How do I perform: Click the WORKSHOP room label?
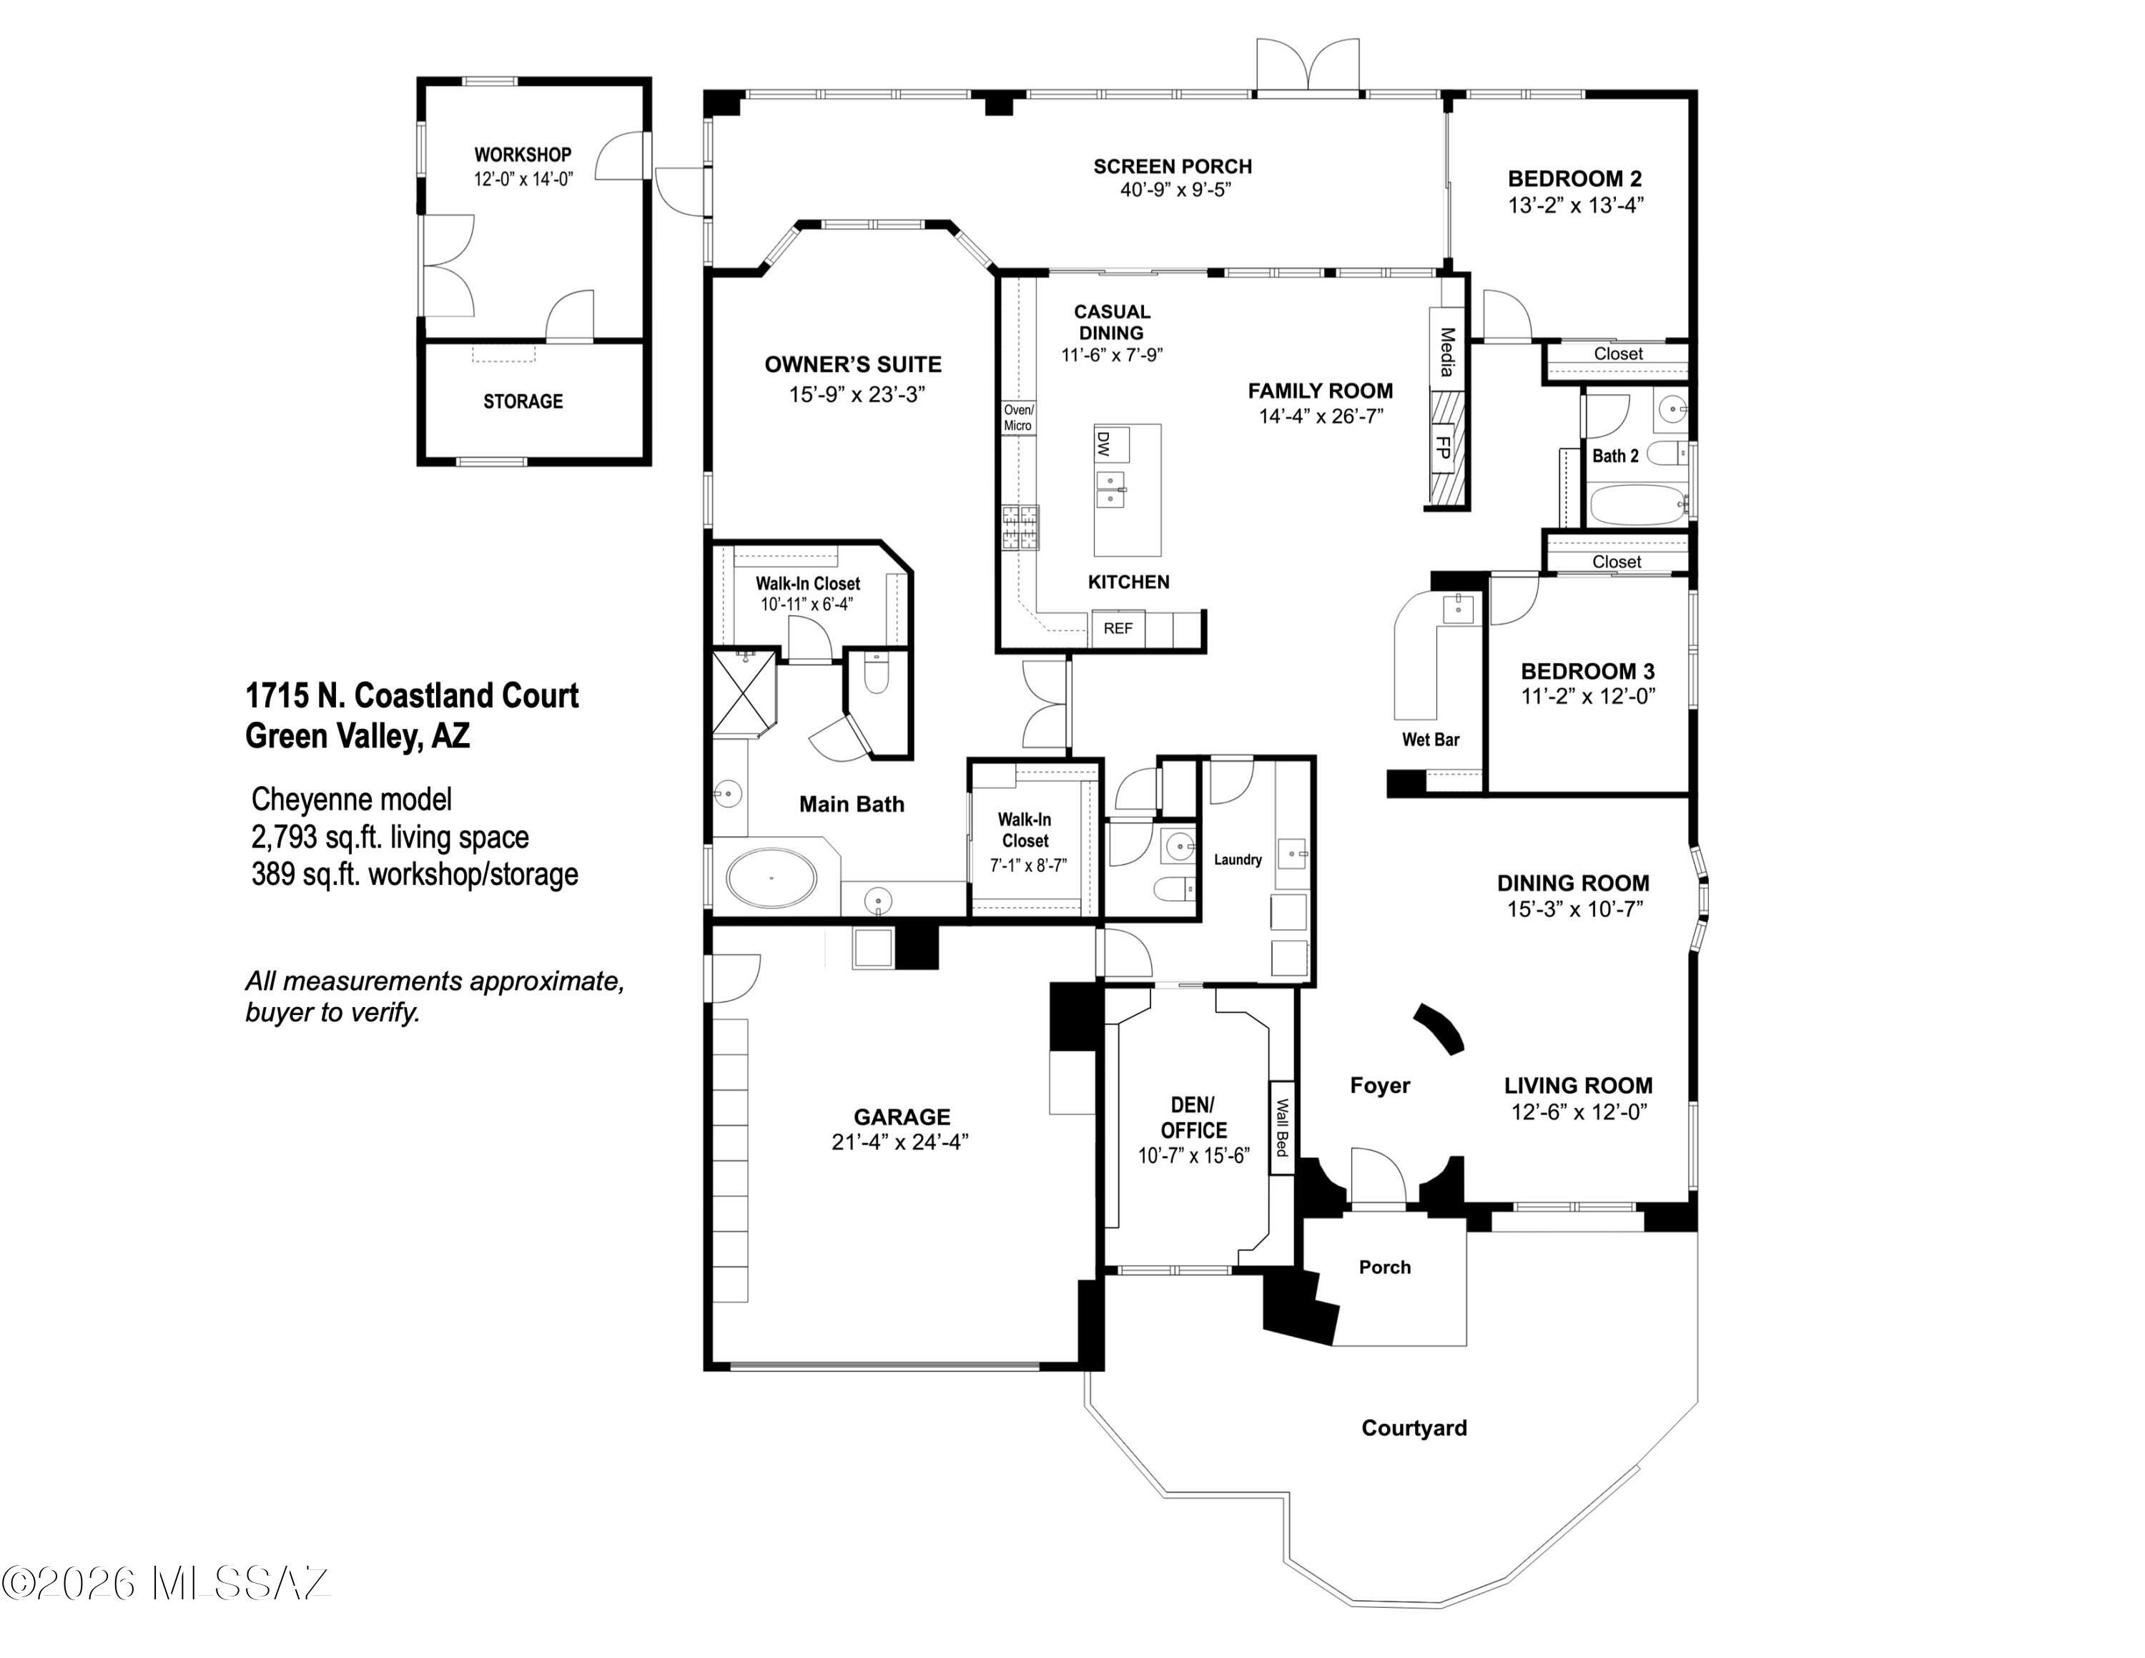tap(523, 154)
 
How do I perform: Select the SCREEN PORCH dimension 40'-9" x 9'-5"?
tap(1175, 190)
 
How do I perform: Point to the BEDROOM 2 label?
tap(1574, 179)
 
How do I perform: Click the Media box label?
tap(1446, 352)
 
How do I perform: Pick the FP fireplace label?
tap(1444, 447)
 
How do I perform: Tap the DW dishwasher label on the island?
tap(1103, 444)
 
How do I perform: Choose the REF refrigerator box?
tap(1118, 629)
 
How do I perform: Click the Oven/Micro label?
tap(1018, 418)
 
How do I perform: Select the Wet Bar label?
tap(1430, 740)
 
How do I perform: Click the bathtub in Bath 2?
tap(1636, 504)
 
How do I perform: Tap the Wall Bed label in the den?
tap(1282, 1127)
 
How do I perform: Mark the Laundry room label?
tap(1238, 860)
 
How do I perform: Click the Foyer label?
tap(1380, 1085)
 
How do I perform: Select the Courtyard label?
tap(1414, 1428)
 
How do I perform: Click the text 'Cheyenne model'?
tap(352, 800)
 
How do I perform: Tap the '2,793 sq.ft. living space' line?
tap(390, 837)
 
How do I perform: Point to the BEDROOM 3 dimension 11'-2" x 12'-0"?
tap(1588, 697)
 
